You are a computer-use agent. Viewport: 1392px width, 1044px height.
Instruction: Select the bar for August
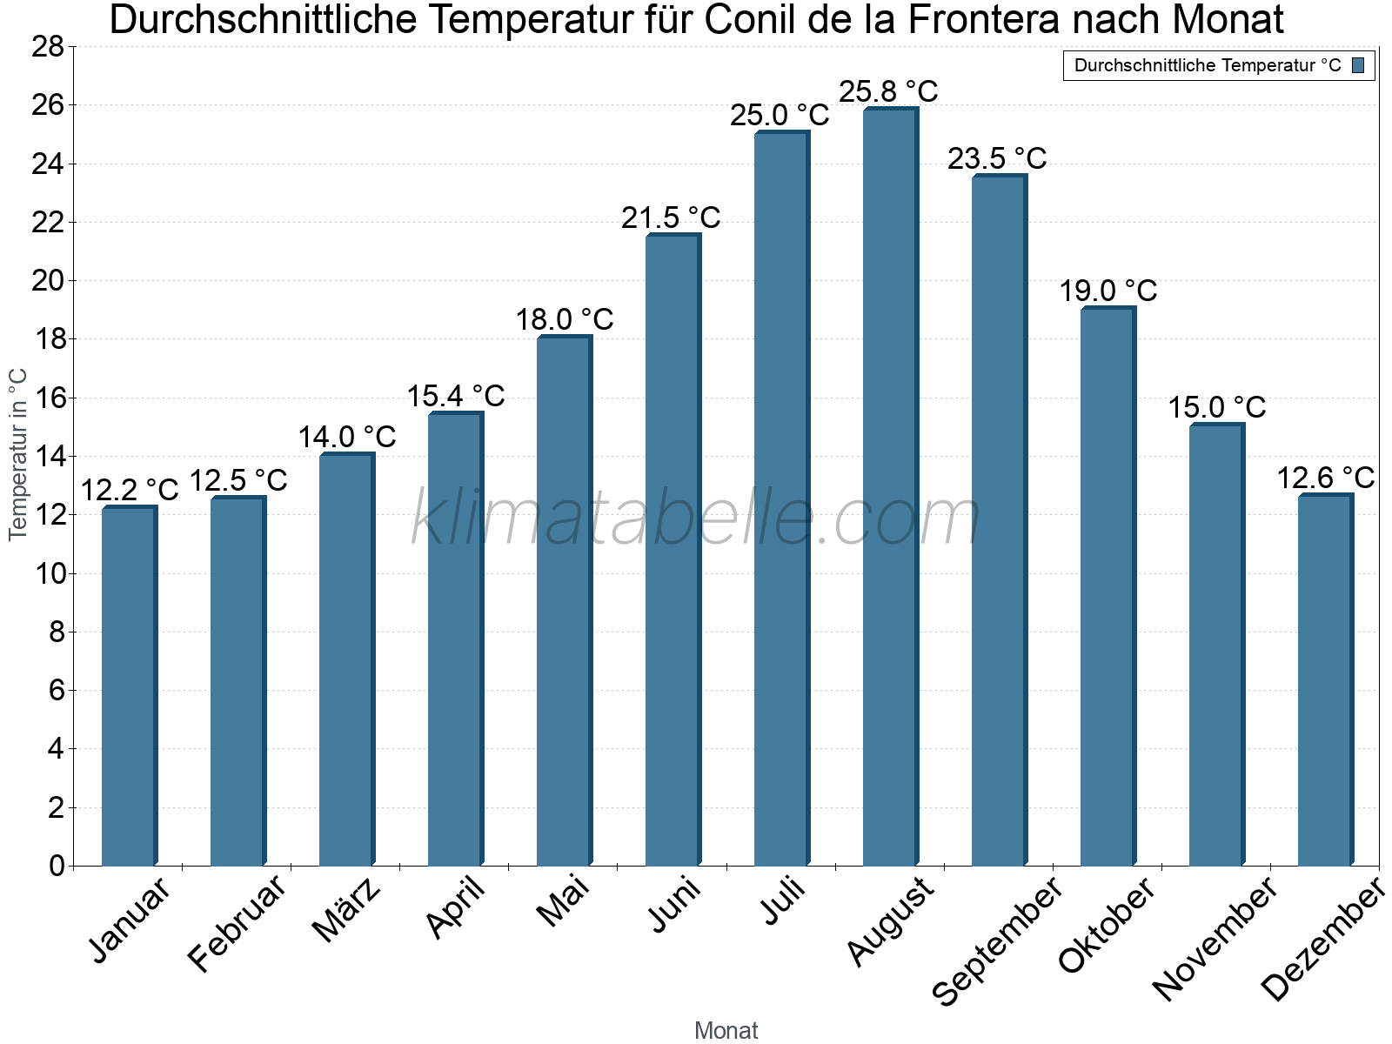click(x=889, y=487)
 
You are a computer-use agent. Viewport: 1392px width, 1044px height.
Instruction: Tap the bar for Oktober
click(x=1107, y=586)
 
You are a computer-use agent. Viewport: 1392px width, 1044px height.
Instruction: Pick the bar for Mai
click(x=563, y=600)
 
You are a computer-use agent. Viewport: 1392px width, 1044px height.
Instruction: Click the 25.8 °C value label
click(x=888, y=91)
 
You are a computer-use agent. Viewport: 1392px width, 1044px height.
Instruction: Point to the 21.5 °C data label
click(x=671, y=217)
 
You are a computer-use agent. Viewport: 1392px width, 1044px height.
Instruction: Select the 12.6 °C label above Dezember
click(x=1325, y=478)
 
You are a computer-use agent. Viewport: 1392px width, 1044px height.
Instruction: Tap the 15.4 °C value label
click(x=456, y=396)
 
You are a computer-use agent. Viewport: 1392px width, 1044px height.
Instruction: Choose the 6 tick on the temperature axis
click(x=57, y=690)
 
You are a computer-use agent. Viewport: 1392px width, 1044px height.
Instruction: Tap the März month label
click(x=346, y=910)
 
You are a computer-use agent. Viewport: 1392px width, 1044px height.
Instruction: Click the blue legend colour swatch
click(x=1359, y=65)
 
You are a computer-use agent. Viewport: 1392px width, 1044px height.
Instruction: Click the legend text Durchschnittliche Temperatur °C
click(x=1208, y=65)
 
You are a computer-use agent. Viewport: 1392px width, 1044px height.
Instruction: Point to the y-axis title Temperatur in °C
click(x=18, y=454)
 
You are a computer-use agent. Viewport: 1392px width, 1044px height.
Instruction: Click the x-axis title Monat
click(x=726, y=1030)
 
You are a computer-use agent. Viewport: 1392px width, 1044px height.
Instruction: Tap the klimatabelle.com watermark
click(x=696, y=519)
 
